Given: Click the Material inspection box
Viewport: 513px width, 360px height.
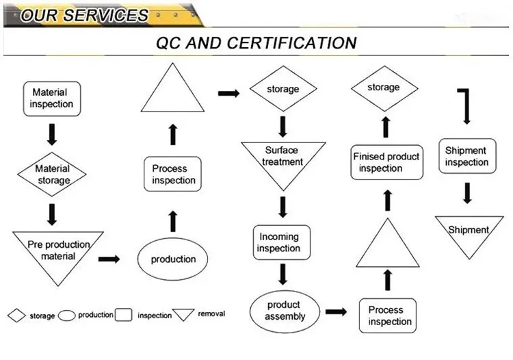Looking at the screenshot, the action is (52, 99).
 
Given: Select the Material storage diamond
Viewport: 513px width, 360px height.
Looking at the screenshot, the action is (52, 174).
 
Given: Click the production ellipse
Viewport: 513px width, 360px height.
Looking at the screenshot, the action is (172, 259).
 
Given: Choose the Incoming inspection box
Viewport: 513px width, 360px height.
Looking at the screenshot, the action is (282, 242).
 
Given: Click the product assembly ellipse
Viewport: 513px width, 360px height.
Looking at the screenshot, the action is (285, 311).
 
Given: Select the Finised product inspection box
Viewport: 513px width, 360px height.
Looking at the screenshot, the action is (386, 162).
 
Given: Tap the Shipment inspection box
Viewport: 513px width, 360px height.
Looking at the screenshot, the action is (467, 156).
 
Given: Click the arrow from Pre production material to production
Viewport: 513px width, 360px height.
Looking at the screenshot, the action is (109, 259).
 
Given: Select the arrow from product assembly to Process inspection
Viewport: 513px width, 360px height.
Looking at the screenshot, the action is (336, 311).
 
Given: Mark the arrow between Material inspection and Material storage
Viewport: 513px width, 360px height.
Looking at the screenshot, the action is (52, 134).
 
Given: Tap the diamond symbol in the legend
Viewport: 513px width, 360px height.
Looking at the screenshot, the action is (16, 316).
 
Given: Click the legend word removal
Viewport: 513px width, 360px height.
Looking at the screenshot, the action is (211, 314).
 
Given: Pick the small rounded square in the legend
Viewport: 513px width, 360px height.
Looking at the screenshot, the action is (123, 315).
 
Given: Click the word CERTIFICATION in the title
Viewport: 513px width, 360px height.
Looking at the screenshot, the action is (291, 43).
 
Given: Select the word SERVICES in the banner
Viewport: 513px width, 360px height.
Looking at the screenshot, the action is (105, 15).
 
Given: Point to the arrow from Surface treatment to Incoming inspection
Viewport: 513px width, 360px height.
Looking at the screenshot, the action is (283, 207).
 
